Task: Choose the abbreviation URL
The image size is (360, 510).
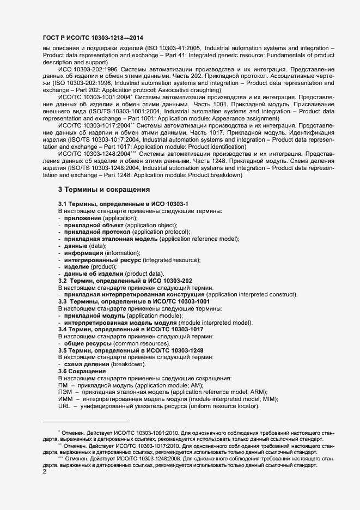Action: pos(64,406)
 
